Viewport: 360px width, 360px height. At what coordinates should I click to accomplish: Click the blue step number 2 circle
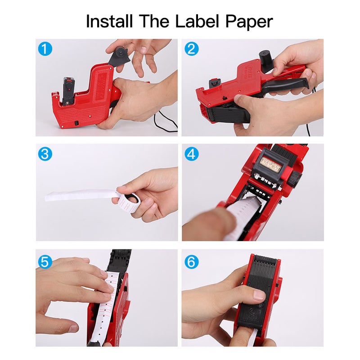[x=191, y=49]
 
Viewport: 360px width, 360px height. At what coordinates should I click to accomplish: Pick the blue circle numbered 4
[x=191, y=154]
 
